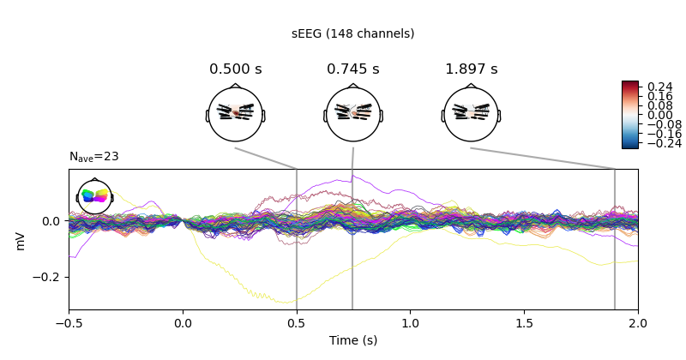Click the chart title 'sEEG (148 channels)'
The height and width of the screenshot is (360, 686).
(352, 33)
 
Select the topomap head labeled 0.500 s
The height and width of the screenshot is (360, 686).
(235, 114)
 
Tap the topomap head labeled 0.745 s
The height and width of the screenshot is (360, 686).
(352, 114)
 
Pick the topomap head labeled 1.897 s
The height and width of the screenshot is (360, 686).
(471, 114)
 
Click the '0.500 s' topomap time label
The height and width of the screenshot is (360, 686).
(235, 69)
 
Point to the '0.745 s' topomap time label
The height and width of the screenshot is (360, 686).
(352, 69)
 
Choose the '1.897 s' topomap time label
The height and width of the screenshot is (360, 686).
(471, 69)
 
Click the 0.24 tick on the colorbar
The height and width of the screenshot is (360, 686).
(656, 87)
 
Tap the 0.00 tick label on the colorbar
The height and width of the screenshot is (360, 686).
(656, 115)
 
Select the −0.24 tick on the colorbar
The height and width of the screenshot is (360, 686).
(658, 144)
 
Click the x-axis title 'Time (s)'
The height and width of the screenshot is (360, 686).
(352, 340)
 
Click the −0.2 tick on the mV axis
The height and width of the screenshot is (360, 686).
(49, 277)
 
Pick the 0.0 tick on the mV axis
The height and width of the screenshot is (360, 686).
(53, 220)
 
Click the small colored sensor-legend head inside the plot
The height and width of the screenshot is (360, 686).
(94, 197)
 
